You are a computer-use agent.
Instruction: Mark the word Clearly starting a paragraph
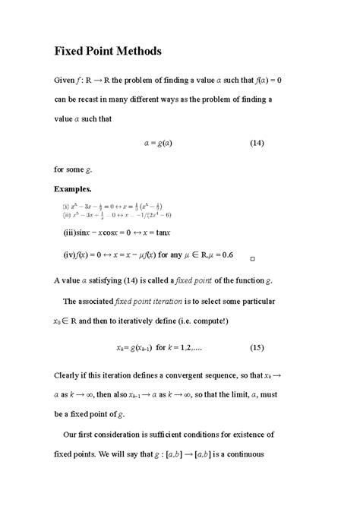70,375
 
